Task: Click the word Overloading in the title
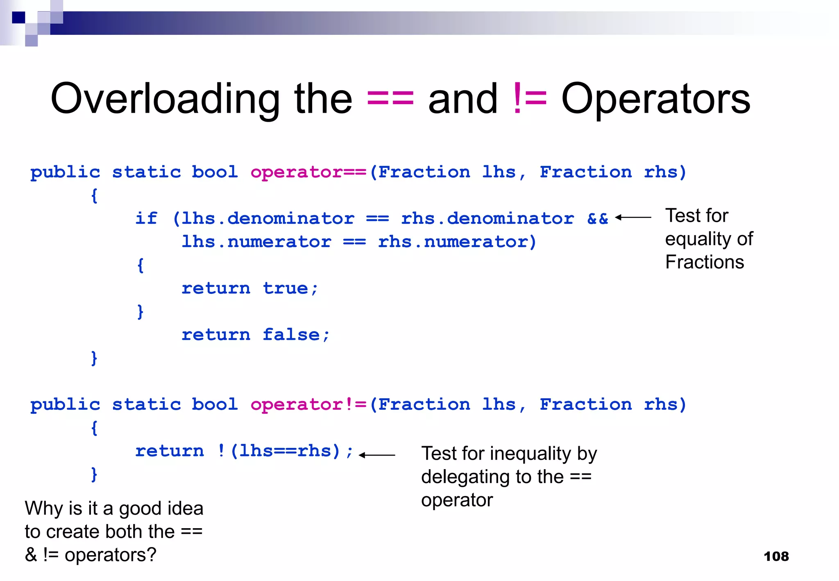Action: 165,99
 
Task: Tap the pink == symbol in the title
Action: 390,99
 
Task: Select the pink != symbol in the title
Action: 529,99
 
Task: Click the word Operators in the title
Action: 655,99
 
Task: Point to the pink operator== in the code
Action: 308,172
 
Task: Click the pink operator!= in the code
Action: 308,405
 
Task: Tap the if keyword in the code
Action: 146,218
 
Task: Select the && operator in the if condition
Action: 597,218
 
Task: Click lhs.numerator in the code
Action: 256,242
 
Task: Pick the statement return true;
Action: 249,288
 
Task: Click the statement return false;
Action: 255,335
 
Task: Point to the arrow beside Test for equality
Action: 633,218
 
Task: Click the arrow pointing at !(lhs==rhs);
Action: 377,455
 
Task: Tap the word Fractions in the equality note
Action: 704,262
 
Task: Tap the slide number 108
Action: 776,556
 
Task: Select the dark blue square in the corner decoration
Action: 18,18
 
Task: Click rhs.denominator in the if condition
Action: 487,218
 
